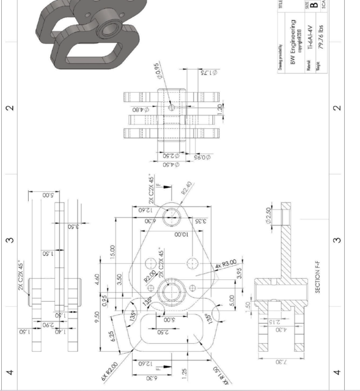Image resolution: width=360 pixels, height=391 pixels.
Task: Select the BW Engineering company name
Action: coord(293,42)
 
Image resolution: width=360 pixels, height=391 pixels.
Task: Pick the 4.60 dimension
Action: coord(113,279)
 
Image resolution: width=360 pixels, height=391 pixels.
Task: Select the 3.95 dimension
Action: coord(240,272)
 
